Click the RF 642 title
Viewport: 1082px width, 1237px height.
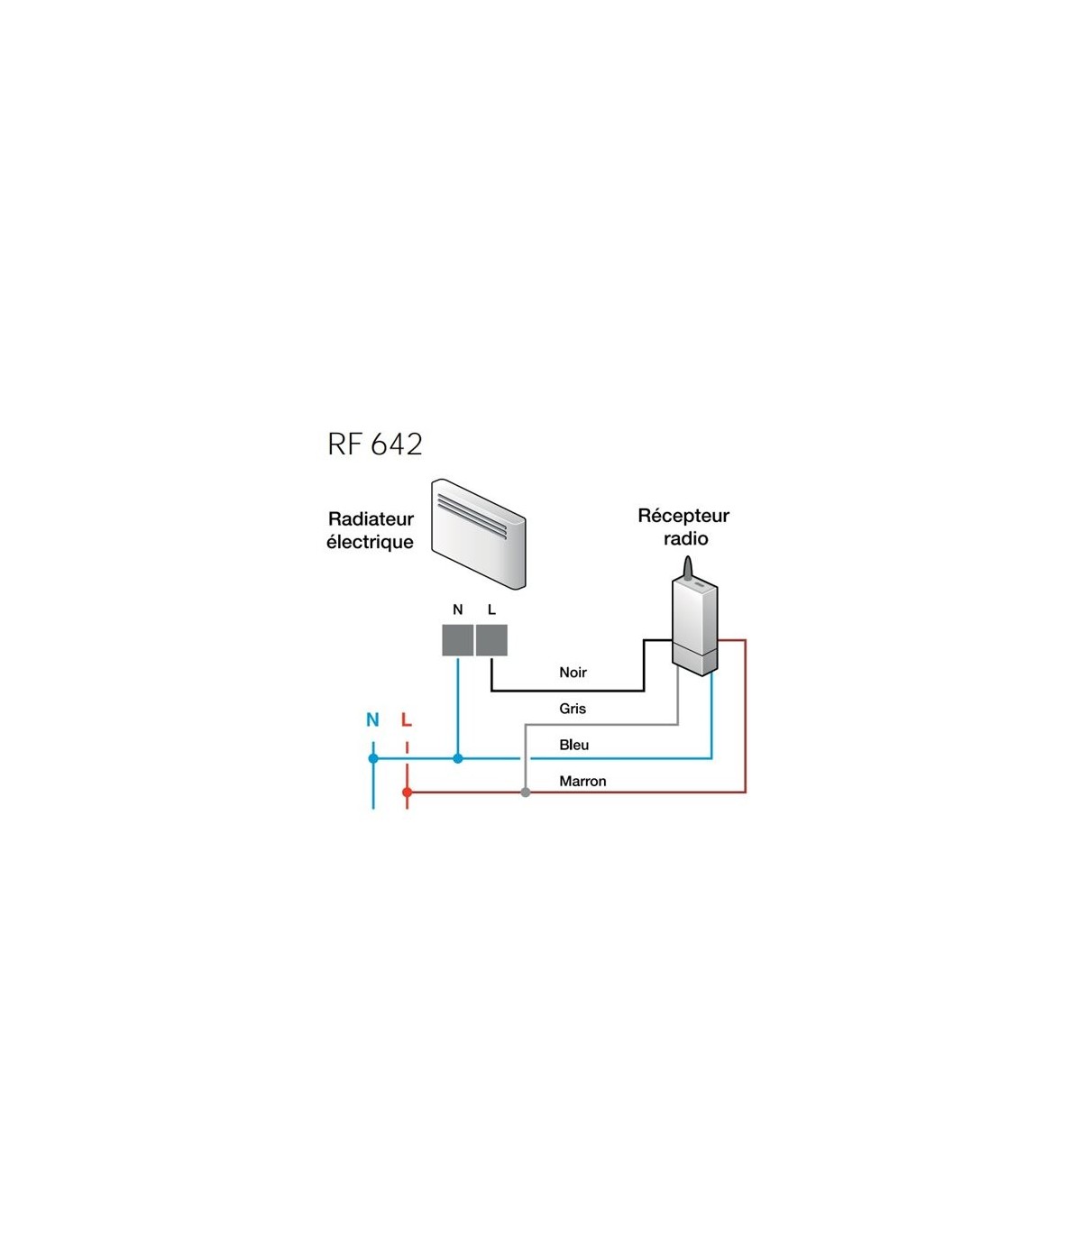pyautogui.click(x=374, y=444)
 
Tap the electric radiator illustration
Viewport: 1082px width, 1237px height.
pyautogui.click(x=478, y=533)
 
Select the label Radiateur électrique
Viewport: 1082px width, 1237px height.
pyautogui.click(x=370, y=530)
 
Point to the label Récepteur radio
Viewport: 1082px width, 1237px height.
pyautogui.click(x=683, y=527)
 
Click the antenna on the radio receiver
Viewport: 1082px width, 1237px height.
pyautogui.click(x=688, y=568)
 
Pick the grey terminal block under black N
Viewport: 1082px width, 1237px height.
pyautogui.click(x=457, y=640)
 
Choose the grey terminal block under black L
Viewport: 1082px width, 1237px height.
pyautogui.click(x=491, y=640)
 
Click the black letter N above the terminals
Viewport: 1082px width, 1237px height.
pyautogui.click(x=457, y=609)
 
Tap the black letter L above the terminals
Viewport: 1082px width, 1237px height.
pyautogui.click(x=491, y=609)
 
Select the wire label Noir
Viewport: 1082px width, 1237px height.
pyautogui.click(x=573, y=673)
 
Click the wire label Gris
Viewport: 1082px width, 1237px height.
pyautogui.click(x=573, y=709)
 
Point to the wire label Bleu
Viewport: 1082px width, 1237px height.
pyautogui.click(x=573, y=745)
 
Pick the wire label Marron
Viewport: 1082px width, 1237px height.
pyautogui.click(x=582, y=781)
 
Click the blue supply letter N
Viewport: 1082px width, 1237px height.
pyautogui.click(x=372, y=719)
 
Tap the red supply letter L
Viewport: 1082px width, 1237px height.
pyautogui.click(x=407, y=719)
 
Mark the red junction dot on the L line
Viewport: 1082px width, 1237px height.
pyautogui.click(x=407, y=792)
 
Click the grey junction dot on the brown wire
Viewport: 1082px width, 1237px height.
pyautogui.click(x=526, y=792)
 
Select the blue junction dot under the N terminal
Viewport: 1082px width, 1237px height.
pyautogui.click(x=457, y=758)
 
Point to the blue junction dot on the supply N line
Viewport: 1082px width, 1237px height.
pyautogui.click(x=373, y=758)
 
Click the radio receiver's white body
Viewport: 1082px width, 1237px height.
pyautogui.click(x=695, y=627)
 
